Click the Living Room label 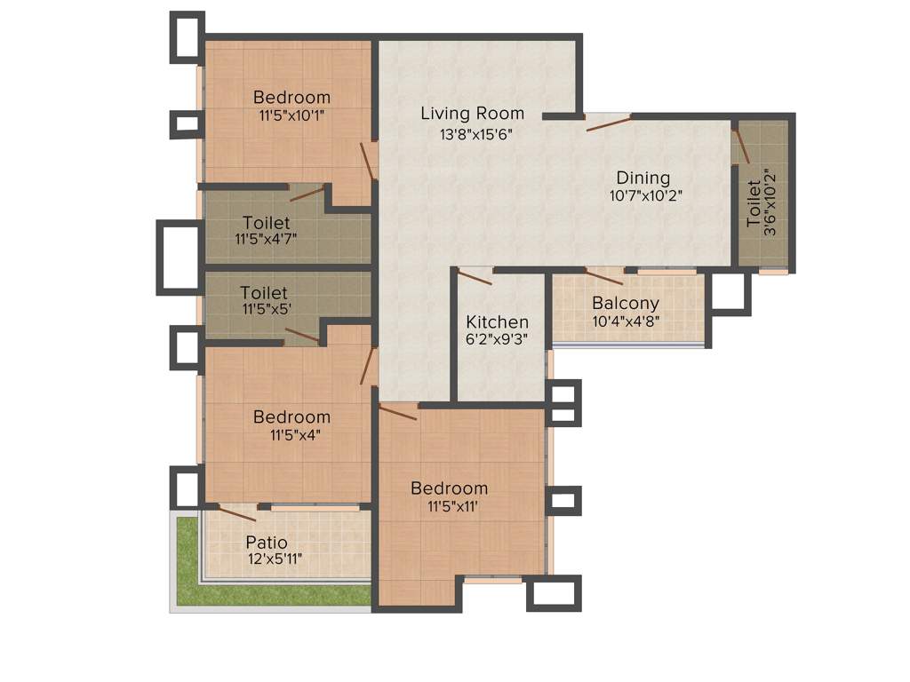pos(472,114)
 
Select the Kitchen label pos(497,322)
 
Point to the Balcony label pos(626,304)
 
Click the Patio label pos(267,542)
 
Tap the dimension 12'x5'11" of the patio pos(275,559)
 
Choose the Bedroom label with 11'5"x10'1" pos(291,98)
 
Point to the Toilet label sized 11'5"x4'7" pos(266,222)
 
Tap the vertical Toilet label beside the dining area pos(754,203)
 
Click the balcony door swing pos(604,276)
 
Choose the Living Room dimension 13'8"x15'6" pos(476,134)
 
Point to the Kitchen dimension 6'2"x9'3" pos(497,339)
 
